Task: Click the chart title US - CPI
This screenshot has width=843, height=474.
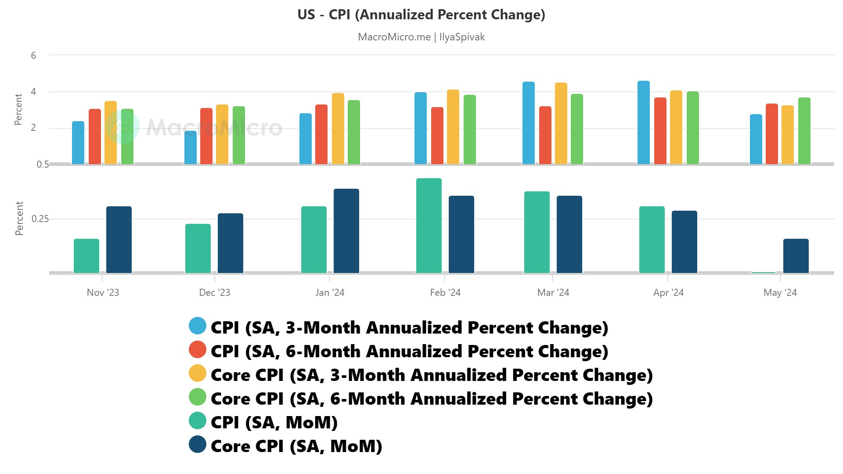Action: point(421,15)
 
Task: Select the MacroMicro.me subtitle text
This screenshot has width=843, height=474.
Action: point(421,37)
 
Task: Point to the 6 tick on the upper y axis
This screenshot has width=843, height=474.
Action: point(33,56)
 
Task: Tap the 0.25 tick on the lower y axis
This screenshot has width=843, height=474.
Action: point(40,219)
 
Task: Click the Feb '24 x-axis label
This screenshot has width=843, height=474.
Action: point(445,293)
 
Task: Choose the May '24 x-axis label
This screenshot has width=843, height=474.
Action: point(780,293)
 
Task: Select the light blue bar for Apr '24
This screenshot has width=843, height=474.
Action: point(643,123)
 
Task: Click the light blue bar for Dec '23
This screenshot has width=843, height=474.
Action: point(191,148)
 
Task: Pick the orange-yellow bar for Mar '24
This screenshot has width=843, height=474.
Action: point(561,124)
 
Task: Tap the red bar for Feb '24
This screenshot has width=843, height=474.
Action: point(437,136)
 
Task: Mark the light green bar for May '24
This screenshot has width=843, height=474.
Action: point(804,131)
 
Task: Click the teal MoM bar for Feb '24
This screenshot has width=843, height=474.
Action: point(429,226)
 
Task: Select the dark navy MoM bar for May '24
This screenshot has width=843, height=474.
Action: point(796,256)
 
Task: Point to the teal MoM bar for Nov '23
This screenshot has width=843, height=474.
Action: point(86,256)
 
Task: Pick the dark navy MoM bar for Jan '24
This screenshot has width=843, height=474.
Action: point(346,231)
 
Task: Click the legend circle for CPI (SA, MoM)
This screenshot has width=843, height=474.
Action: point(198,421)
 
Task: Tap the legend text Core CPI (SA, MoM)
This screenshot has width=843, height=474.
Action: point(296,446)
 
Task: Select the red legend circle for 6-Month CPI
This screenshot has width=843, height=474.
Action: point(198,350)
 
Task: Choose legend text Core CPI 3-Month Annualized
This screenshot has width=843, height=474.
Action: point(432,375)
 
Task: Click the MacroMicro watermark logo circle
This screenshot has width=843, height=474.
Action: point(122,127)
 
